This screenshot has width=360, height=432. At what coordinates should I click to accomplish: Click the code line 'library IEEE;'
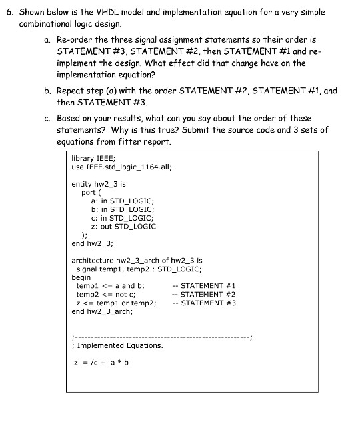(x=93, y=159)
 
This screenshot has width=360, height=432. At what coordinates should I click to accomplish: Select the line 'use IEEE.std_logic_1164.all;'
(x=121, y=167)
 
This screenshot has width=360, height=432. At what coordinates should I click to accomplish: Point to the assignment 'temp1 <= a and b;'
(x=111, y=285)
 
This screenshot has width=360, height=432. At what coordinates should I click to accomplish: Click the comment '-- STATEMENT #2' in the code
(x=203, y=294)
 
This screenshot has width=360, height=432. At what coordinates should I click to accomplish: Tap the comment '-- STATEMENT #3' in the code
(x=203, y=303)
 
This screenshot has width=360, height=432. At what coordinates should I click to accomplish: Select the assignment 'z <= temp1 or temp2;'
(x=117, y=303)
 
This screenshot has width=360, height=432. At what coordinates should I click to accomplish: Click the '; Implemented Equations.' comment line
(x=117, y=345)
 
